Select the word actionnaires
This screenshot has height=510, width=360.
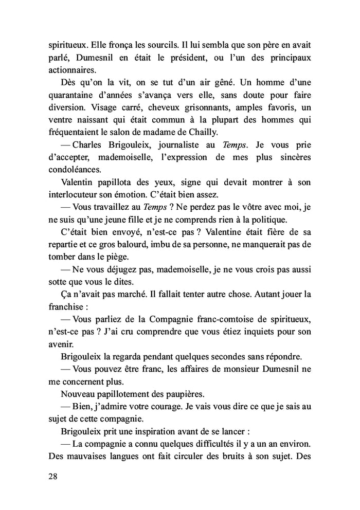pos(66,71)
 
